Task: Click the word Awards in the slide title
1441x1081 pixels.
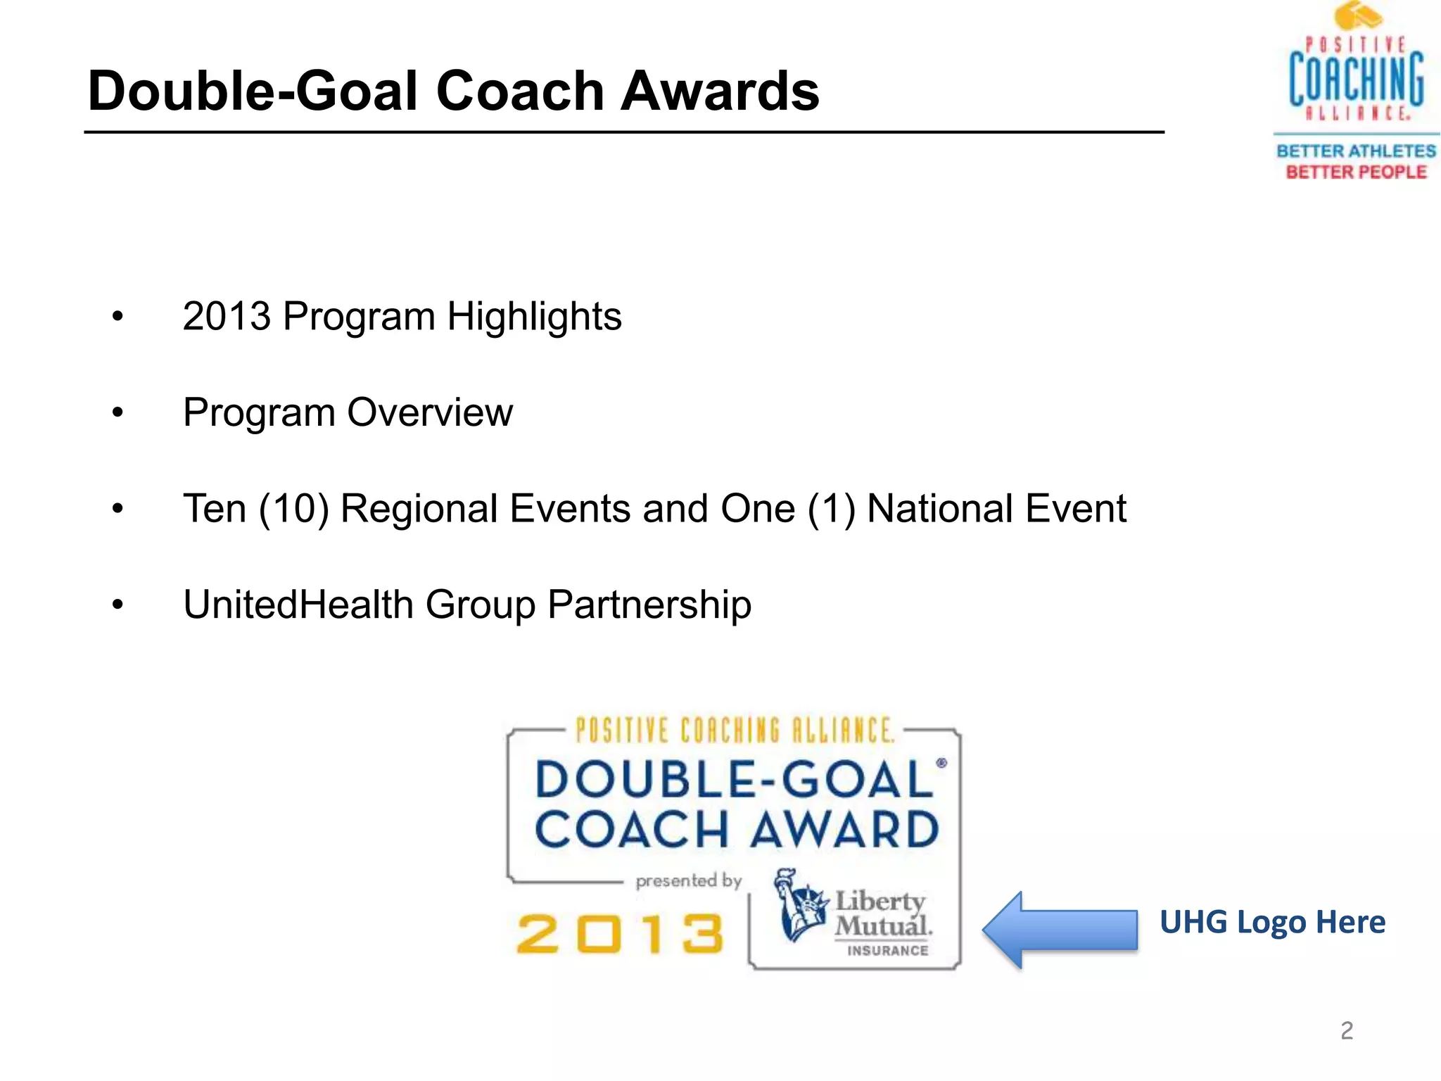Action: click(719, 91)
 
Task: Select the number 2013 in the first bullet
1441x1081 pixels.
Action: click(227, 316)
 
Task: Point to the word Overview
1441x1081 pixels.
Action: click(430, 412)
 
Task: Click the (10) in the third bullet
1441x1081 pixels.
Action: click(294, 509)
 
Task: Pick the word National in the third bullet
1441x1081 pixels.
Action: click(940, 508)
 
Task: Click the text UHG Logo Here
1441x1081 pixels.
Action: click(1272, 922)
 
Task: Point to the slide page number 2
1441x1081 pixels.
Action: click(1347, 1030)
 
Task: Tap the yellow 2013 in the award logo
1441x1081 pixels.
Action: click(620, 934)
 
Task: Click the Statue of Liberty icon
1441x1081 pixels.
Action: click(800, 904)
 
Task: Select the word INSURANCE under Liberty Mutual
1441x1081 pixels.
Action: click(887, 951)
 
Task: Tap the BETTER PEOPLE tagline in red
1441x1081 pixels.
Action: click(1356, 172)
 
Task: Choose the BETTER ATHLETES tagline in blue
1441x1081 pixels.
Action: click(1356, 151)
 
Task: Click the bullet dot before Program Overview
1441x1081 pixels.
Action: click(118, 413)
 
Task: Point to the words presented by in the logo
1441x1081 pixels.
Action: click(688, 881)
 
